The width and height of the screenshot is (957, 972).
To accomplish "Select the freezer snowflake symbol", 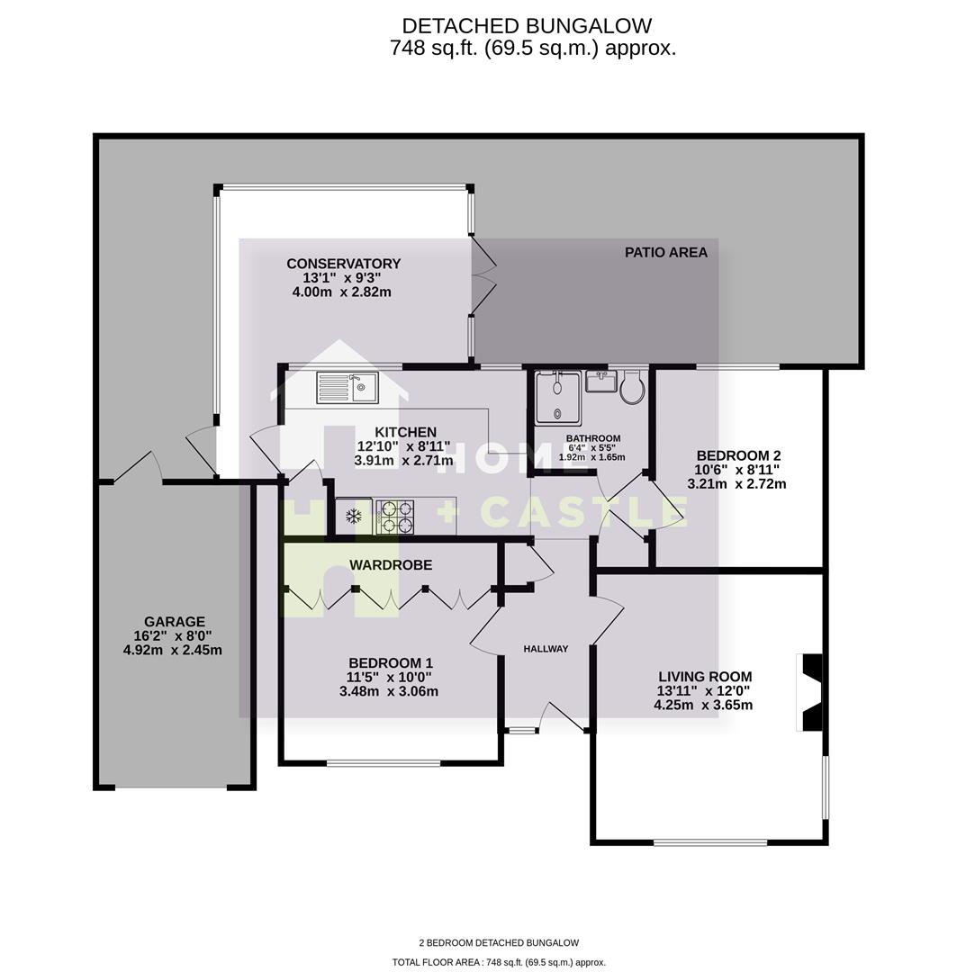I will click(x=355, y=517).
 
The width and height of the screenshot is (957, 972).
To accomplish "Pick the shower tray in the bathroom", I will click(x=557, y=397).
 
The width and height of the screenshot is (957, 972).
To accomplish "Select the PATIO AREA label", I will click(x=666, y=252).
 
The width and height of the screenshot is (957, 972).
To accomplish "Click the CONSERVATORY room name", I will click(x=343, y=264).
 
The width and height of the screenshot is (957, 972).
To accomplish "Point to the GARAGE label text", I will click(x=175, y=622).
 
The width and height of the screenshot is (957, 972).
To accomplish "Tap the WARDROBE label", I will click(x=391, y=565).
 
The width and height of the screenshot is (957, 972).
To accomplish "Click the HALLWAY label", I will click(x=547, y=649).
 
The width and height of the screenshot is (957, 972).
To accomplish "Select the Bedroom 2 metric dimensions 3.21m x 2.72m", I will click(x=736, y=483).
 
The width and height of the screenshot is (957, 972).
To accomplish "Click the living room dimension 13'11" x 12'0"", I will click(x=704, y=691).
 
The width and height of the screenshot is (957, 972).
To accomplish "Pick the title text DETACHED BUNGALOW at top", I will click(x=527, y=26).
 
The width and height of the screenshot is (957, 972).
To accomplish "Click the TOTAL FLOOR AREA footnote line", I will click(x=499, y=962).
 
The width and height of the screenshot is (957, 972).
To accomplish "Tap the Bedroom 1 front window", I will click(x=384, y=763).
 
